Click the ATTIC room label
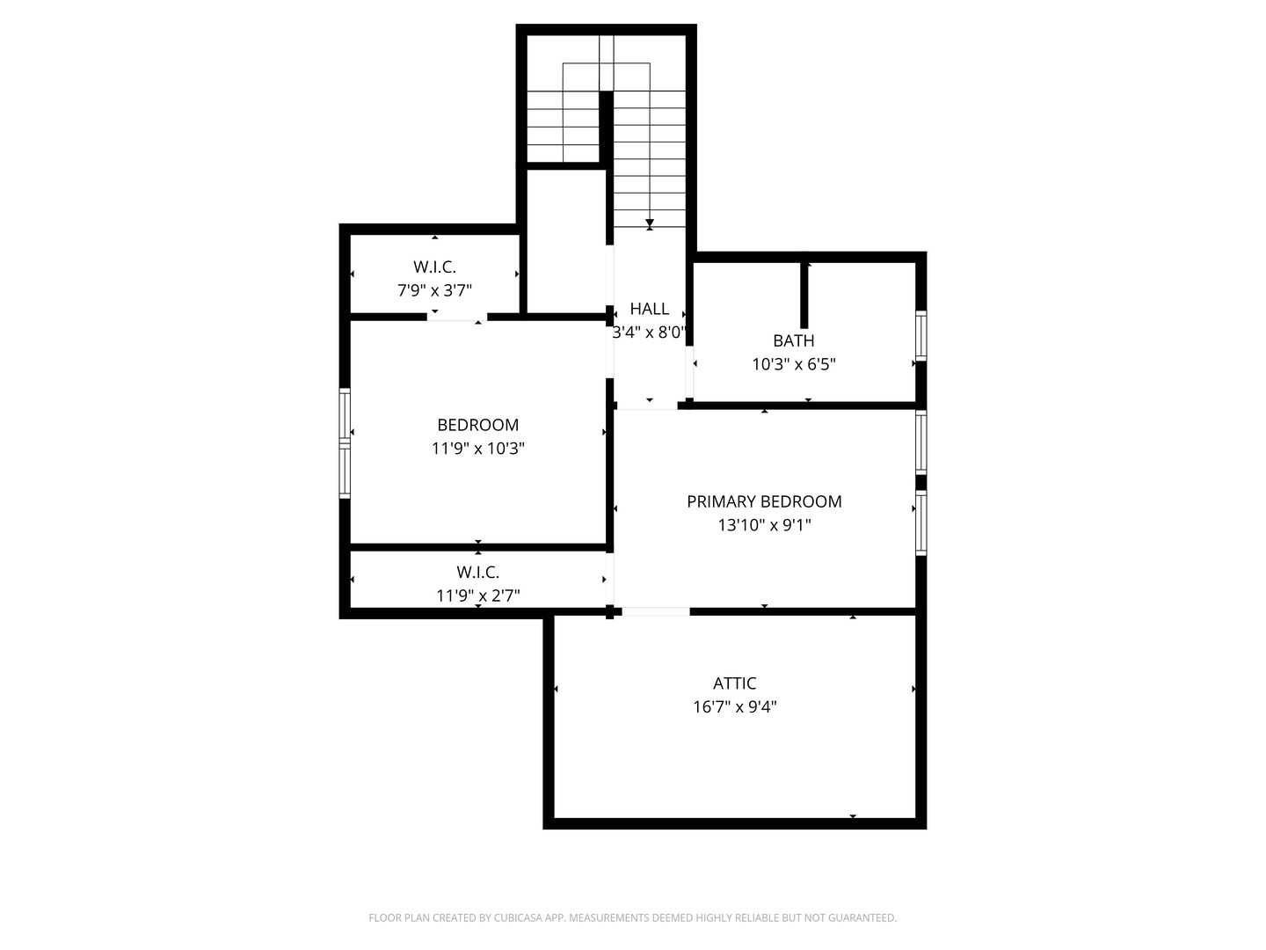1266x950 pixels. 734,683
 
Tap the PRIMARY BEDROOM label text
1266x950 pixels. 764,501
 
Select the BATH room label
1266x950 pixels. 793,340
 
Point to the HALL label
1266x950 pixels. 649,309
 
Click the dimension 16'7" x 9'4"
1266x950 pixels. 734,706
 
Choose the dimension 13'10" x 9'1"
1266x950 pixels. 764,525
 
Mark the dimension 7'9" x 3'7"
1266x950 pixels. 434,290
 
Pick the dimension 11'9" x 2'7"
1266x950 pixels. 477,596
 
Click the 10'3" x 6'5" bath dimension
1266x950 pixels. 793,364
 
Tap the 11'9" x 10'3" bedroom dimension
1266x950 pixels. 477,449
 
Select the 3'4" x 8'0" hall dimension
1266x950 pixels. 649,332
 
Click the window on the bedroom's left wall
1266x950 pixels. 345,443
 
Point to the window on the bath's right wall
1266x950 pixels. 920,335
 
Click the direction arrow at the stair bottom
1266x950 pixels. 650,223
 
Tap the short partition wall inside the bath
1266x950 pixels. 804,295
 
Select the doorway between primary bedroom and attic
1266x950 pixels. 656,611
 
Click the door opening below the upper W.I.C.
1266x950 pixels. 456,317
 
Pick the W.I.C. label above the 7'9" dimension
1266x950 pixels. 434,267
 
